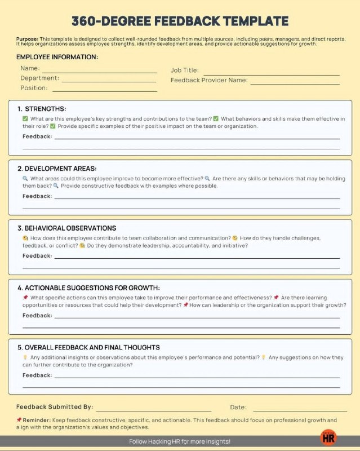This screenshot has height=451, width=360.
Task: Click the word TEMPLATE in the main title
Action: pos(251,21)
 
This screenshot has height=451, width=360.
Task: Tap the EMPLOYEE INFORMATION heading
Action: pos(57,57)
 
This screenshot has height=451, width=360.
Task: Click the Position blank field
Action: pos(104,90)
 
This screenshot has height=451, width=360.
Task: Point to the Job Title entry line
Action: pos(271,74)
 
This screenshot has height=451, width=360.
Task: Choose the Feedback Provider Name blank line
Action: pos(295,83)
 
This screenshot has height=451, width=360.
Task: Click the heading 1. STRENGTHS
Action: pos(42,109)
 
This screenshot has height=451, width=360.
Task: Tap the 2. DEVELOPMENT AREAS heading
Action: pos(57,169)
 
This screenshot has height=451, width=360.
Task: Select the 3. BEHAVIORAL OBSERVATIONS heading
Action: pos(66,228)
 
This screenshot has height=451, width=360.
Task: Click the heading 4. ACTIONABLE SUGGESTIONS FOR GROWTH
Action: pos(88,288)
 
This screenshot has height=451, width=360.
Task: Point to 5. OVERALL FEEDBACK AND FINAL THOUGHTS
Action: pos(88,348)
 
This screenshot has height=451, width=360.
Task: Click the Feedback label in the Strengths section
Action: pos(37,136)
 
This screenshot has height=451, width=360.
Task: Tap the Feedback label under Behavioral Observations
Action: pos(37,256)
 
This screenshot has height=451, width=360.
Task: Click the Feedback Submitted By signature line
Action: pos(154,410)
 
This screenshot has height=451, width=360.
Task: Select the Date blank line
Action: pos(299,410)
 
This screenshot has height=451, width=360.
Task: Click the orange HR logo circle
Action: pos(328,437)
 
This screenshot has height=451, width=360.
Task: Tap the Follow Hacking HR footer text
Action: pos(180,441)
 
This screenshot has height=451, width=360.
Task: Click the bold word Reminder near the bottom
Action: pos(36,420)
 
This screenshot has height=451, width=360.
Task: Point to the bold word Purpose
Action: pos(28,39)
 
